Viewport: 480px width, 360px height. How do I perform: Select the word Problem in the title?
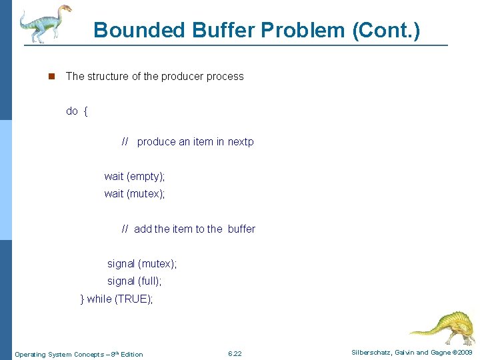pyautogui.click(x=304, y=30)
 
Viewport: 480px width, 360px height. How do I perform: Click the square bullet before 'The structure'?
pyautogui.click(x=50, y=77)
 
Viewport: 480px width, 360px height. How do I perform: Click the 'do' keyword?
pyautogui.click(x=71, y=111)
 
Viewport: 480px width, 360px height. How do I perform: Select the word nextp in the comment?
pyautogui.click(x=241, y=141)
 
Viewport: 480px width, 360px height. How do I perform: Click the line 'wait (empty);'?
pyautogui.click(x=134, y=176)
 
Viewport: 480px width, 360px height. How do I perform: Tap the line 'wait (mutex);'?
pyautogui.click(x=134, y=193)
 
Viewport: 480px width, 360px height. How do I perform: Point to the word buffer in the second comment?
pyautogui.click(x=241, y=229)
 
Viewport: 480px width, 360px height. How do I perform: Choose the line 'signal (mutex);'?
pyautogui.click(x=142, y=264)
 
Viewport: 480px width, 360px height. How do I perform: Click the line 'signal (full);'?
pyautogui.click(x=134, y=281)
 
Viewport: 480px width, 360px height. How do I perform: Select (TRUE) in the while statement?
pyautogui.click(x=133, y=299)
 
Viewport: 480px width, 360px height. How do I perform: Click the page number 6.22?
pyautogui.click(x=235, y=353)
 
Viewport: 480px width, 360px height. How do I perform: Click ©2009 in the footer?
pyautogui.click(x=461, y=353)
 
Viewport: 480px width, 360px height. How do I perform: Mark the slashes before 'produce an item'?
pyautogui.click(x=125, y=141)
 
